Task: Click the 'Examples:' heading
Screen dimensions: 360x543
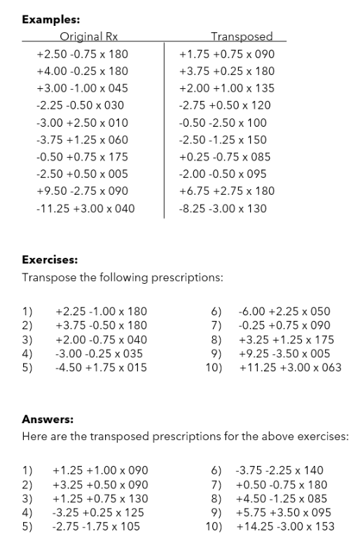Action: pyautogui.click(x=50, y=20)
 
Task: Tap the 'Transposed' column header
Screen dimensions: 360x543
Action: pyautogui.click(x=242, y=36)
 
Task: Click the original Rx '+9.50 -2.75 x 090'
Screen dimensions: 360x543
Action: pyautogui.click(x=82, y=191)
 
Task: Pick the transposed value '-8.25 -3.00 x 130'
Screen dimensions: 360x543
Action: pyautogui.click(x=223, y=208)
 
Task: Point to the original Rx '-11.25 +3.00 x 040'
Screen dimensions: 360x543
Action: pyautogui.click(x=85, y=208)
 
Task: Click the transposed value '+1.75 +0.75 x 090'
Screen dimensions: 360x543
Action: pyautogui.click(x=226, y=54)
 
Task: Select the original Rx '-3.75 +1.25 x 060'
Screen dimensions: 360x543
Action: pyautogui.click(x=82, y=139)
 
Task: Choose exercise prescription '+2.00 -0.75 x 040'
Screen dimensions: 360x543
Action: pyautogui.click(x=101, y=338)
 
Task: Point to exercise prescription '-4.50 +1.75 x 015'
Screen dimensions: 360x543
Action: pyautogui.click(x=101, y=366)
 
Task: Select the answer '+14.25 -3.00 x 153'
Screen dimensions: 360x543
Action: pyautogui.click(x=285, y=526)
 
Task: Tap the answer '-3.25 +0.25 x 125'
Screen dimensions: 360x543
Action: pyautogui.click(x=100, y=512)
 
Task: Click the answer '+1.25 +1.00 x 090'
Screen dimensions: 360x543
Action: pyautogui.click(x=100, y=471)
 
